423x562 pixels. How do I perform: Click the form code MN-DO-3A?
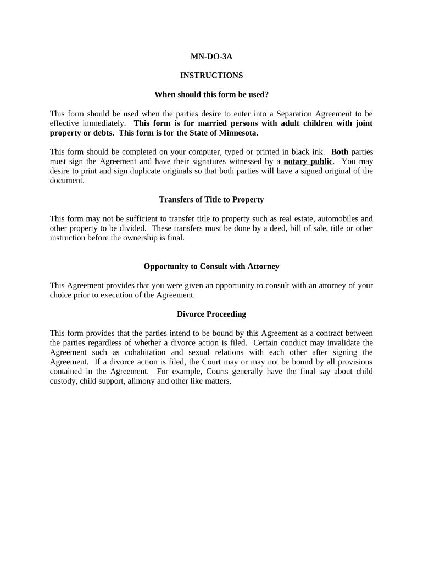click(x=211, y=56)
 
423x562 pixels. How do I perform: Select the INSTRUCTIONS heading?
click(x=211, y=75)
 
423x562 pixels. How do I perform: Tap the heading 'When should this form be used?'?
click(x=211, y=94)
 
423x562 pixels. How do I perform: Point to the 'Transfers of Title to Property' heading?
click(x=211, y=199)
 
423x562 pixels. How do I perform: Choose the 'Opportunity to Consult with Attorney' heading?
click(x=211, y=266)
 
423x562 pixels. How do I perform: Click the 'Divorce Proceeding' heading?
click(x=211, y=314)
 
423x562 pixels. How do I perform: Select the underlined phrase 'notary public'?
click(x=308, y=161)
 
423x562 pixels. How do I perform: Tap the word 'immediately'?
click(x=104, y=123)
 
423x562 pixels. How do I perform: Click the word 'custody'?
click(x=63, y=381)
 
